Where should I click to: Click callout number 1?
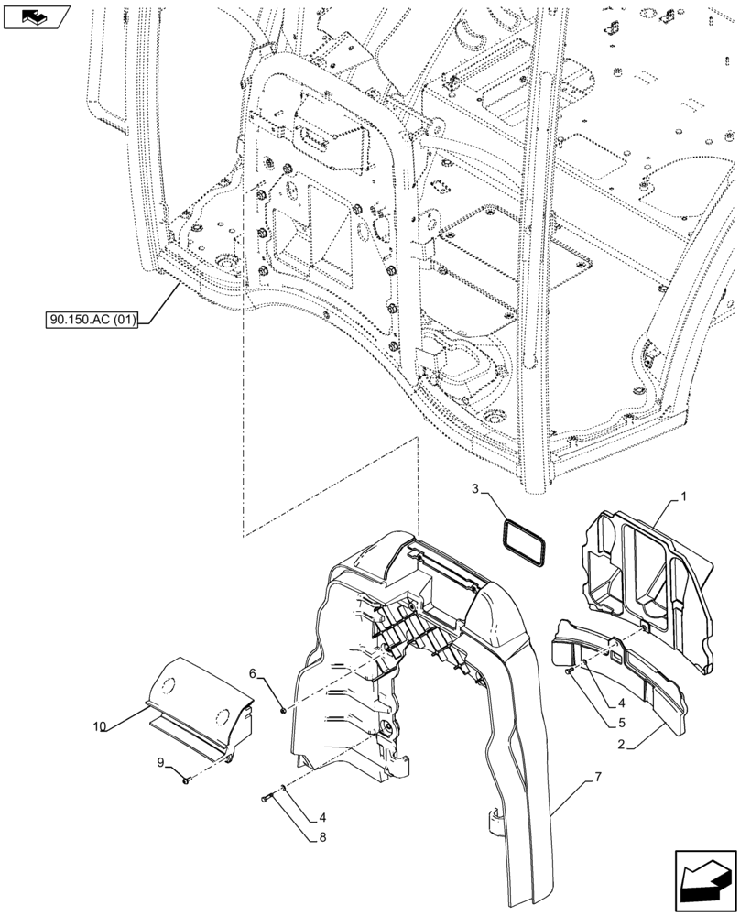[682, 496]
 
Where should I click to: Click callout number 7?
[598, 777]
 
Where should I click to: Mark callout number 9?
[160, 761]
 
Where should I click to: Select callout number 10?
[100, 725]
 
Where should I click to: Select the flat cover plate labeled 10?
[197, 701]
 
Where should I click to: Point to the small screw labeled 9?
[186, 780]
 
